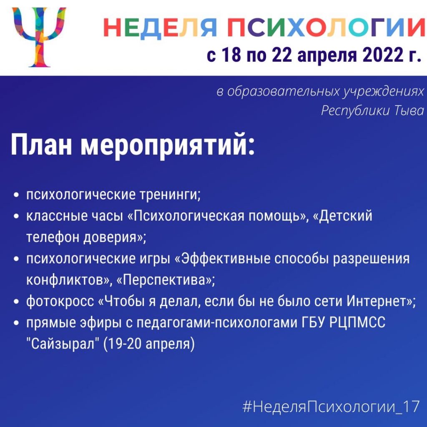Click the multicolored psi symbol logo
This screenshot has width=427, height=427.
(x=39, y=37)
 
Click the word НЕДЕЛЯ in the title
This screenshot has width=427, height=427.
(x=160, y=28)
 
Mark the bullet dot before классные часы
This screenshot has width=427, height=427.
(x=17, y=216)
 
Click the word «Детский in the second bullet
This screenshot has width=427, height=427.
(x=342, y=216)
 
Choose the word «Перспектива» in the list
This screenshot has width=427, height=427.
(x=166, y=280)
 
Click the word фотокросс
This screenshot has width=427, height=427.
(x=60, y=301)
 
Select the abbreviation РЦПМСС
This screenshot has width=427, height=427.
(x=357, y=322)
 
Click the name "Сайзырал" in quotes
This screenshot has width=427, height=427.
(x=63, y=344)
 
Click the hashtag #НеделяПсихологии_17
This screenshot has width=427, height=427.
(x=331, y=407)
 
